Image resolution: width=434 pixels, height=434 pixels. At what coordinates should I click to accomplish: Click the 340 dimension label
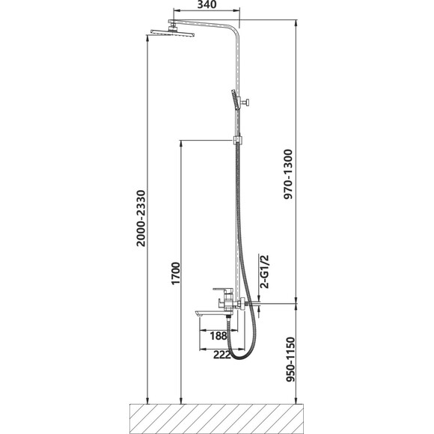207,4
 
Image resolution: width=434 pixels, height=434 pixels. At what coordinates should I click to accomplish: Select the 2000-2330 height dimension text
141,218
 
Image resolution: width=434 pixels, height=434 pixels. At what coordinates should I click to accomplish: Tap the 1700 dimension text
176,273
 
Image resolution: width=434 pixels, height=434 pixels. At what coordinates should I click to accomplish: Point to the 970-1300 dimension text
288,174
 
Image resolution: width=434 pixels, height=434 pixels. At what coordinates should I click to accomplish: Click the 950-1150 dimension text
290,359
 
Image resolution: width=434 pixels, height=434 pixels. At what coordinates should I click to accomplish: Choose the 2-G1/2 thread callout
265,272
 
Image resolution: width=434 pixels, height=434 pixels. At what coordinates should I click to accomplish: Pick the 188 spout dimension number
218,336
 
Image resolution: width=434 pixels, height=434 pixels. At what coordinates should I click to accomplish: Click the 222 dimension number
222,355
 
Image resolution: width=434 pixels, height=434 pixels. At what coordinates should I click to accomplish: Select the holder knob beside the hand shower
246,102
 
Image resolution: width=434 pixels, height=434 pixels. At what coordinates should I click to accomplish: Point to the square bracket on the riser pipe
237,140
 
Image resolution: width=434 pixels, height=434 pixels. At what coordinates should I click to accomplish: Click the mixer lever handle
223,290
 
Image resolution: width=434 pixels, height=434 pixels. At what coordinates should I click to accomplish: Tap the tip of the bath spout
196,314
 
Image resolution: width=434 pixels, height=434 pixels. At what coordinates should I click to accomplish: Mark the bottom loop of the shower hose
240,358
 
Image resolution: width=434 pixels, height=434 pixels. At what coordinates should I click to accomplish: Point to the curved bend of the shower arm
235,30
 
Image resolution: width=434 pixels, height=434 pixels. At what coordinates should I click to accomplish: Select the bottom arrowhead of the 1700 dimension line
181,401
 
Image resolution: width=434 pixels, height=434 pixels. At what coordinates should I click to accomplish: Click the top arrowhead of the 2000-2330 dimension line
147,38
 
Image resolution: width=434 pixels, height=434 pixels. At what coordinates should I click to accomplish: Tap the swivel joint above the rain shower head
174,27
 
